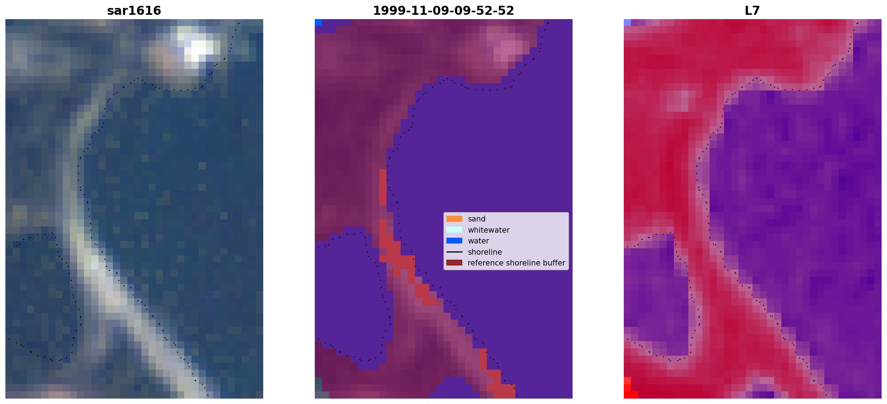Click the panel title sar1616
tap(134, 10)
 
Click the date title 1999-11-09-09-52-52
tap(444, 10)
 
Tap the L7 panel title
tap(753, 10)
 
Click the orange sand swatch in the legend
tap(454, 219)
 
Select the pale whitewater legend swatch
tap(454, 230)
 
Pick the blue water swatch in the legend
tap(454, 241)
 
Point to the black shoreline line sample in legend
tap(454, 252)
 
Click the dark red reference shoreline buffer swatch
tap(454, 263)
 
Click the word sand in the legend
tap(477, 219)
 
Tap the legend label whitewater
tap(489, 230)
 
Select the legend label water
tap(478, 241)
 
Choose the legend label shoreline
tap(485, 252)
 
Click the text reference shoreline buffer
tap(516, 263)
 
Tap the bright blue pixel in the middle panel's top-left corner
tap(318, 22)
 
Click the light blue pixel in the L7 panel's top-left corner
tap(627, 22)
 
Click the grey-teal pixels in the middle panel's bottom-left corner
tap(318, 388)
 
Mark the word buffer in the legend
tap(554, 263)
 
